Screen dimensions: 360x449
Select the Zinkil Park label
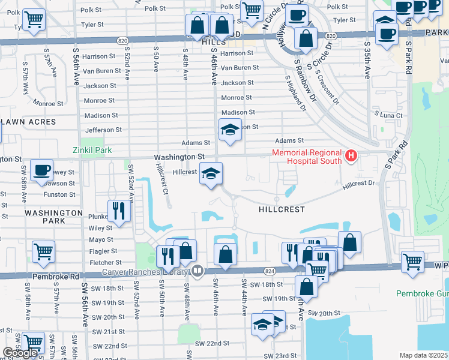tap(92, 149)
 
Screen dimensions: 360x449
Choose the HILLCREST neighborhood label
tap(282, 210)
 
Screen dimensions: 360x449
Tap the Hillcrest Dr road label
tap(358, 187)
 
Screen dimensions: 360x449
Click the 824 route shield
tap(269, 271)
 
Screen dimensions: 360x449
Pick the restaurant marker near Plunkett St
tap(118, 211)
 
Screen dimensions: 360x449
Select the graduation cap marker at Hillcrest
tap(211, 174)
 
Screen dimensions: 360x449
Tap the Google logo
tap(21, 353)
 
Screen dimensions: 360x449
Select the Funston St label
tap(59, 194)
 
